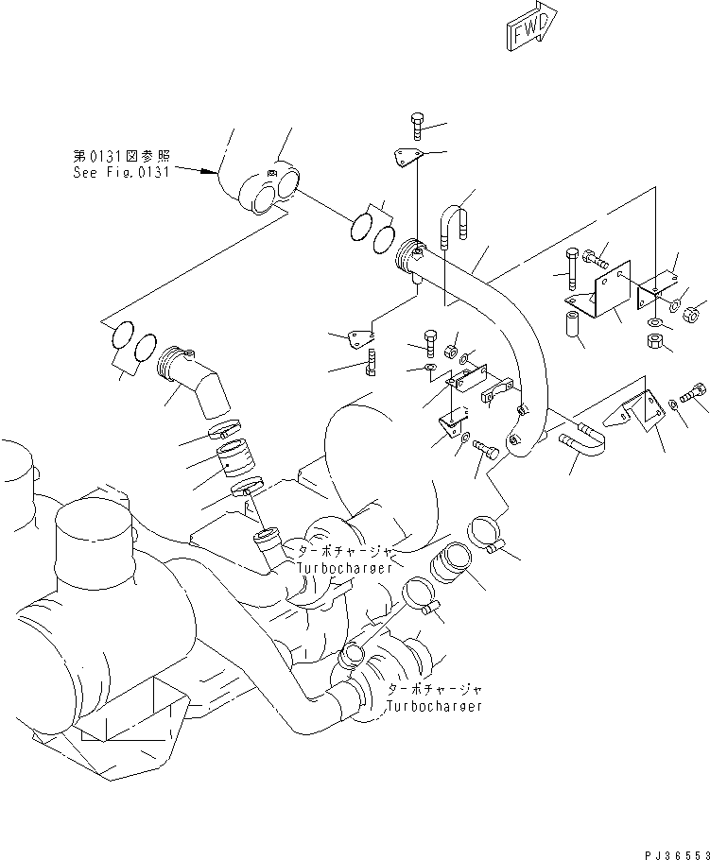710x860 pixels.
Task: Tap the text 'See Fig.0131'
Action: coord(121,173)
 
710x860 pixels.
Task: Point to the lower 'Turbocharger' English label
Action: coord(435,706)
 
